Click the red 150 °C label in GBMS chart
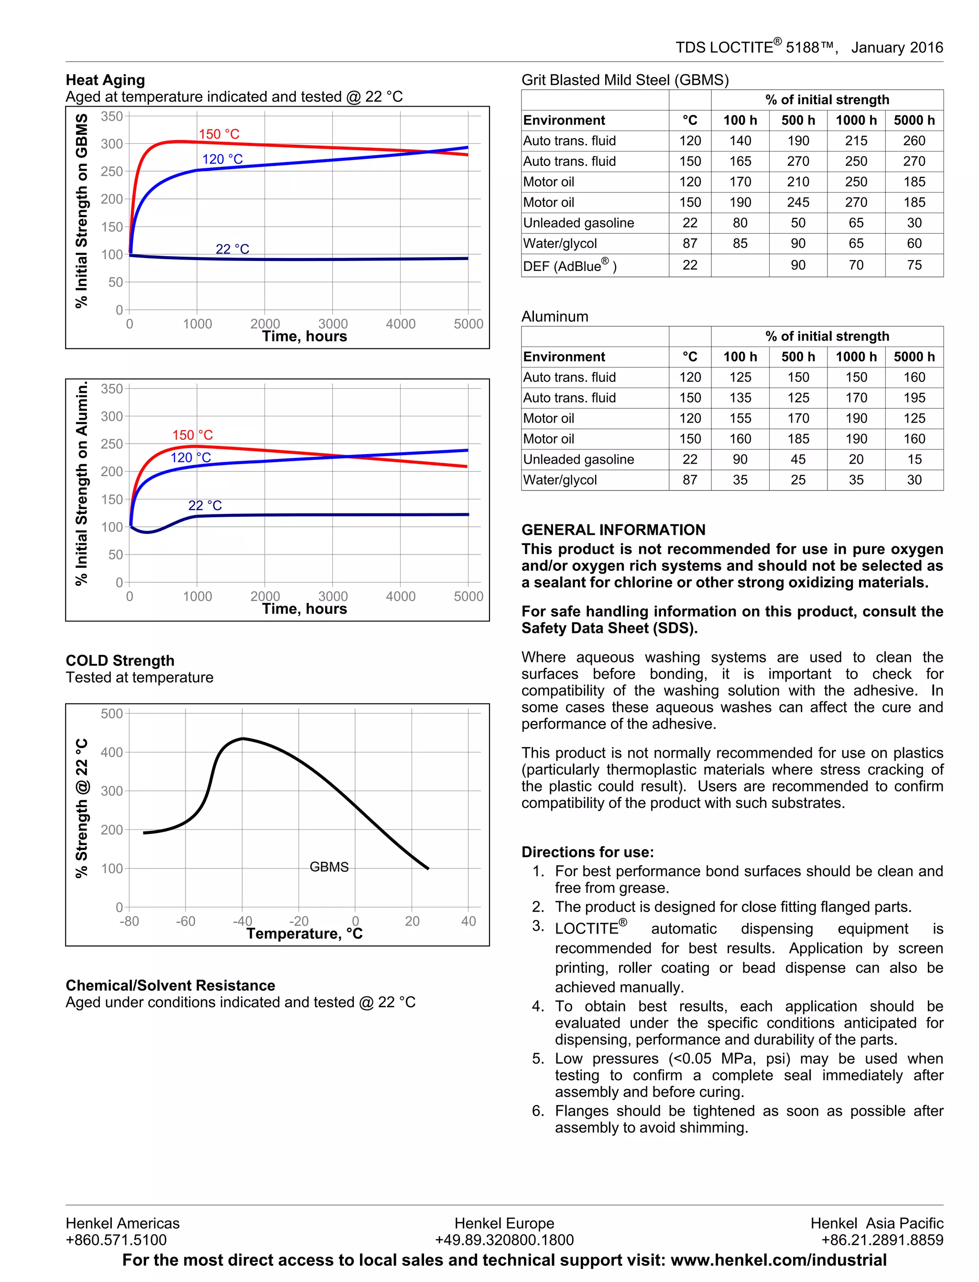click(218, 134)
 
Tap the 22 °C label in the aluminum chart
click(205, 505)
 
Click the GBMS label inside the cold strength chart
click(329, 867)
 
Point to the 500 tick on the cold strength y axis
click(111, 713)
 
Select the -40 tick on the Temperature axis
click(242, 921)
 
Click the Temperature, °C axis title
click(304, 934)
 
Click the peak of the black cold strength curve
click(242, 739)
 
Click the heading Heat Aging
click(106, 80)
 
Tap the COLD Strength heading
click(120, 660)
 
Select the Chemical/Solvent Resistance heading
click(170, 985)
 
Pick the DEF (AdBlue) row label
click(569, 266)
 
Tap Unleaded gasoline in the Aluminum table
click(578, 459)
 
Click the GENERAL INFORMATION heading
click(613, 529)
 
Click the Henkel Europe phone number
click(504, 1239)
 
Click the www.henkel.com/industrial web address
click(779, 1260)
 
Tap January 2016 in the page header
click(897, 48)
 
